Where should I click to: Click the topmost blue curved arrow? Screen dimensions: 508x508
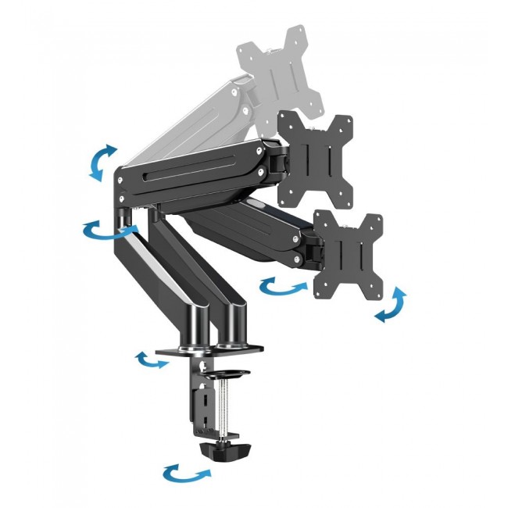[101, 163]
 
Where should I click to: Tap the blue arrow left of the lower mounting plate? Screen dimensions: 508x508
[283, 287]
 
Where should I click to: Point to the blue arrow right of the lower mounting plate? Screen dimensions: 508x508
[391, 303]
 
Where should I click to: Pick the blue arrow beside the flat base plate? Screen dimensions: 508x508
[151, 360]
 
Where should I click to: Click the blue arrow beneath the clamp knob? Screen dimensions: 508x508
[187, 474]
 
